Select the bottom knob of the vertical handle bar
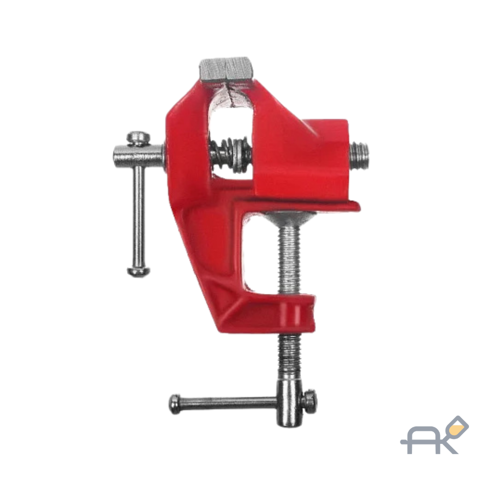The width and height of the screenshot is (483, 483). [139, 271]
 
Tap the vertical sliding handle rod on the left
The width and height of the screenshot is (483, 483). [139, 215]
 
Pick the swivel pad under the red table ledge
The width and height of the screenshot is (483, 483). [289, 217]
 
